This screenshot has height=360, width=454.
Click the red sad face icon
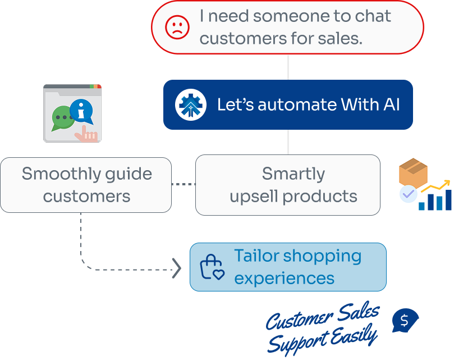tap(177, 27)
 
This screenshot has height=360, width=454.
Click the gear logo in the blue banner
tap(191, 104)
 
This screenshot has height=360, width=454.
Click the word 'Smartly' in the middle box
tap(293, 174)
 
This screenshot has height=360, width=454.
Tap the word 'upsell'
tap(256, 197)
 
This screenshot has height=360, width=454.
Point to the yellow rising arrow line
tap(434, 188)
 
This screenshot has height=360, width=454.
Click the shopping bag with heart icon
tap(212, 267)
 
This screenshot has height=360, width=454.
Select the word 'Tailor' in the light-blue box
tap(256, 256)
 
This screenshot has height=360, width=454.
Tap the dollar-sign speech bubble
tap(405, 320)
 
